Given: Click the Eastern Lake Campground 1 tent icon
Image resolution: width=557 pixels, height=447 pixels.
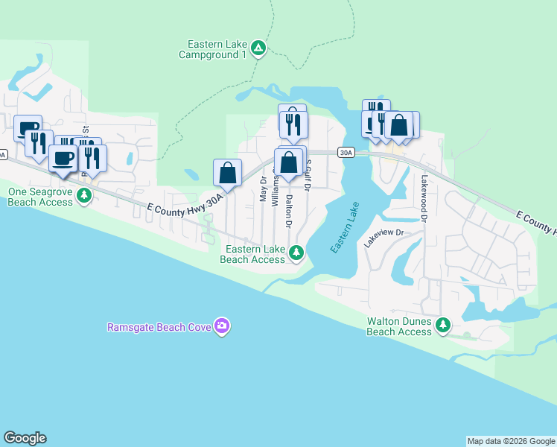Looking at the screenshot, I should [x=258, y=49].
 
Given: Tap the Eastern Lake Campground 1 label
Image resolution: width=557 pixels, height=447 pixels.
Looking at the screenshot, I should [x=213, y=49].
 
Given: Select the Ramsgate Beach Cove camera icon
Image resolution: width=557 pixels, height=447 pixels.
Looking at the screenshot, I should [x=221, y=326].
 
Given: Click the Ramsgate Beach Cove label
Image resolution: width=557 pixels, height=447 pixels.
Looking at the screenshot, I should [x=159, y=327].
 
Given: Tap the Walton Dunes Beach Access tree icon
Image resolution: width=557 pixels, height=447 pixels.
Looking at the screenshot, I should [x=443, y=325].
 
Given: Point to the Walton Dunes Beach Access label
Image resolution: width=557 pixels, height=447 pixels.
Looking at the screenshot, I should [x=399, y=326].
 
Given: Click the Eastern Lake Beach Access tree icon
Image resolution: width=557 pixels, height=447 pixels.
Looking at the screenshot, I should [x=296, y=253].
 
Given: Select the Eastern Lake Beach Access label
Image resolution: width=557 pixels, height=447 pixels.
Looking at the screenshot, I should [x=252, y=254].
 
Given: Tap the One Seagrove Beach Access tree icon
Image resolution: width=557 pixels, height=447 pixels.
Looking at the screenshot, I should [x=85, y=196].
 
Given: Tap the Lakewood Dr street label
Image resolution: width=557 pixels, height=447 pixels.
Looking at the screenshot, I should [x=424, y=199].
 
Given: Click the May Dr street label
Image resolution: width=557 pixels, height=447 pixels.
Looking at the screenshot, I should [x=262, y=189].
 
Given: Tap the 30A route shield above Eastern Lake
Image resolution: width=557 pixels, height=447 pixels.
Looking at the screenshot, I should [x=346, y=152].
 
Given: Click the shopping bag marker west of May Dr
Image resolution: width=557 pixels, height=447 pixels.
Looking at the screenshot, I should [x=228, y=174].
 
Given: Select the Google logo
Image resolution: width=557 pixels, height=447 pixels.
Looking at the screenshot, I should [x=25, y=438].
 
